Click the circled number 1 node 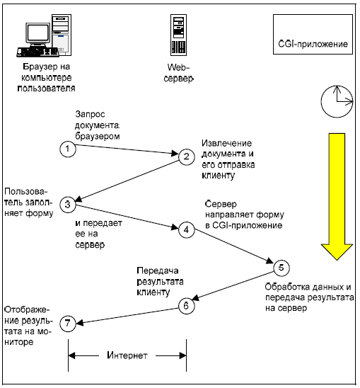tap(68, 149)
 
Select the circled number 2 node tap(187, 157)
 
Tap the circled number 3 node tap(68, 205)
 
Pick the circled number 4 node tap(187, 230)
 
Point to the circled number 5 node tap(281, 268)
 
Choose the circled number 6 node tap(187, 306)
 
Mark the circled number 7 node tap(68, 323)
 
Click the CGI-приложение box tap(313, 34)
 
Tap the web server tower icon tap(178, 35)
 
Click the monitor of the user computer tap(38, 35)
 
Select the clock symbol tap(337, 101)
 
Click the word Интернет tap(127, 355)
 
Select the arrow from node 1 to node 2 tap(127, 149)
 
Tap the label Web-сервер tap(178, 73)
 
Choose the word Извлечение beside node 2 tap(227, 143)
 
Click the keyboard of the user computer tap(37, 52)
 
